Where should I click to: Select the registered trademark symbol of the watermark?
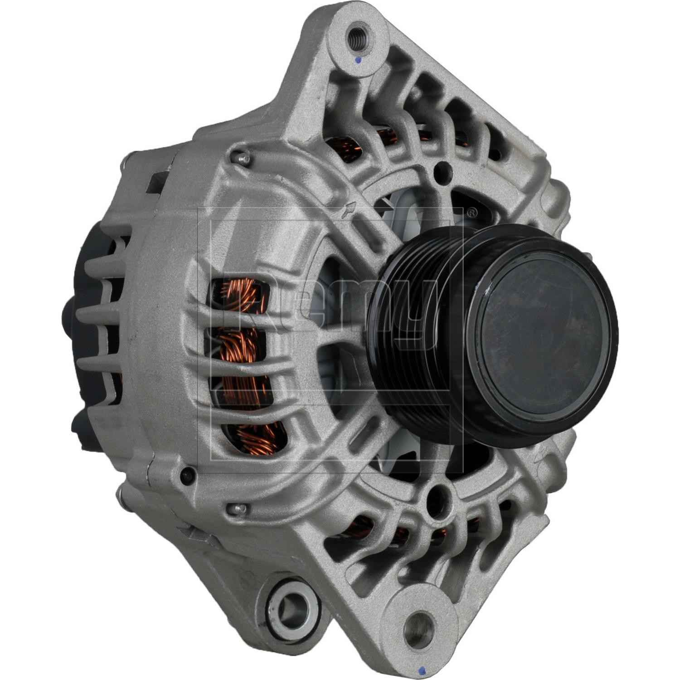coord(472,211)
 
